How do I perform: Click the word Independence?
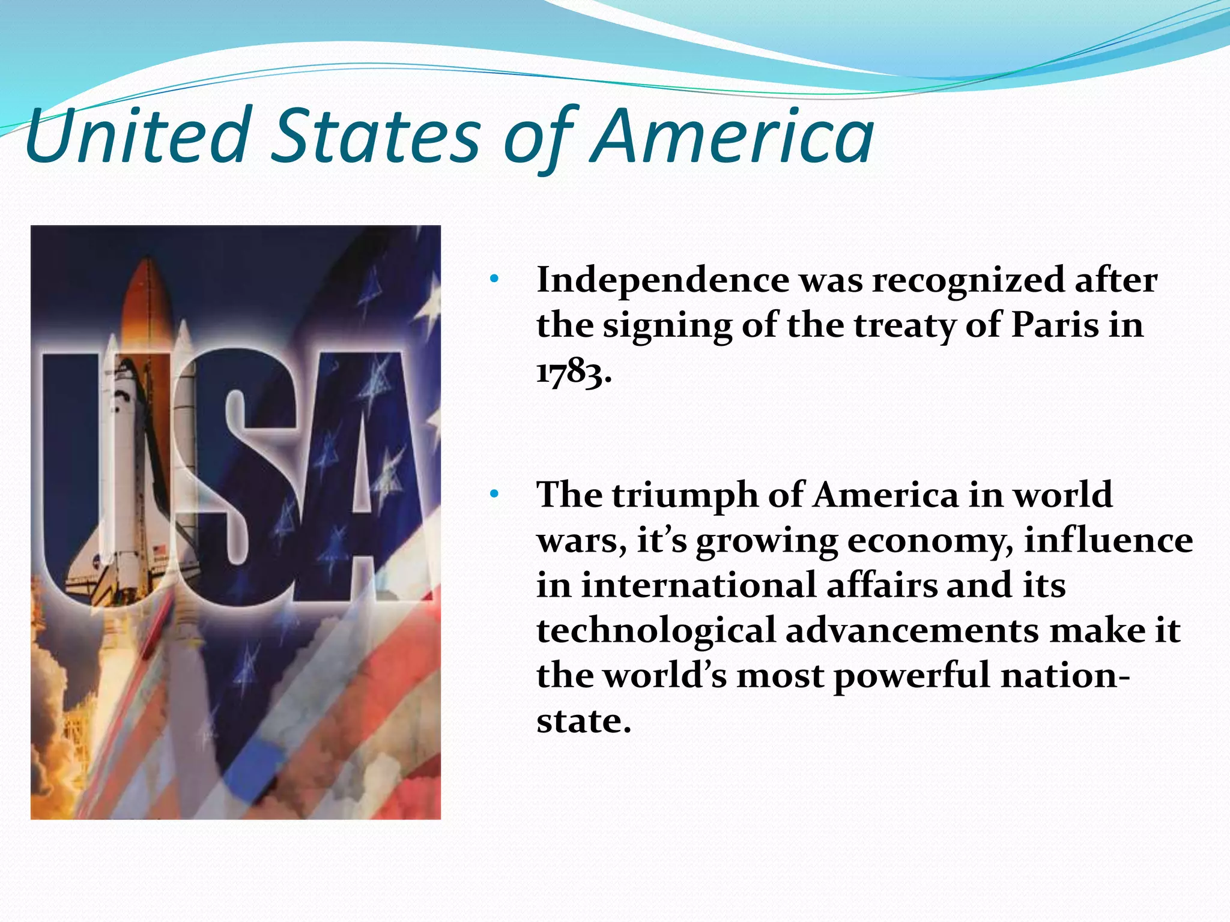662,280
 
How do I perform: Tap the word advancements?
913,630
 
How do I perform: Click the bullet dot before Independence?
494,279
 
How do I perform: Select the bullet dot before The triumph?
494,495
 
